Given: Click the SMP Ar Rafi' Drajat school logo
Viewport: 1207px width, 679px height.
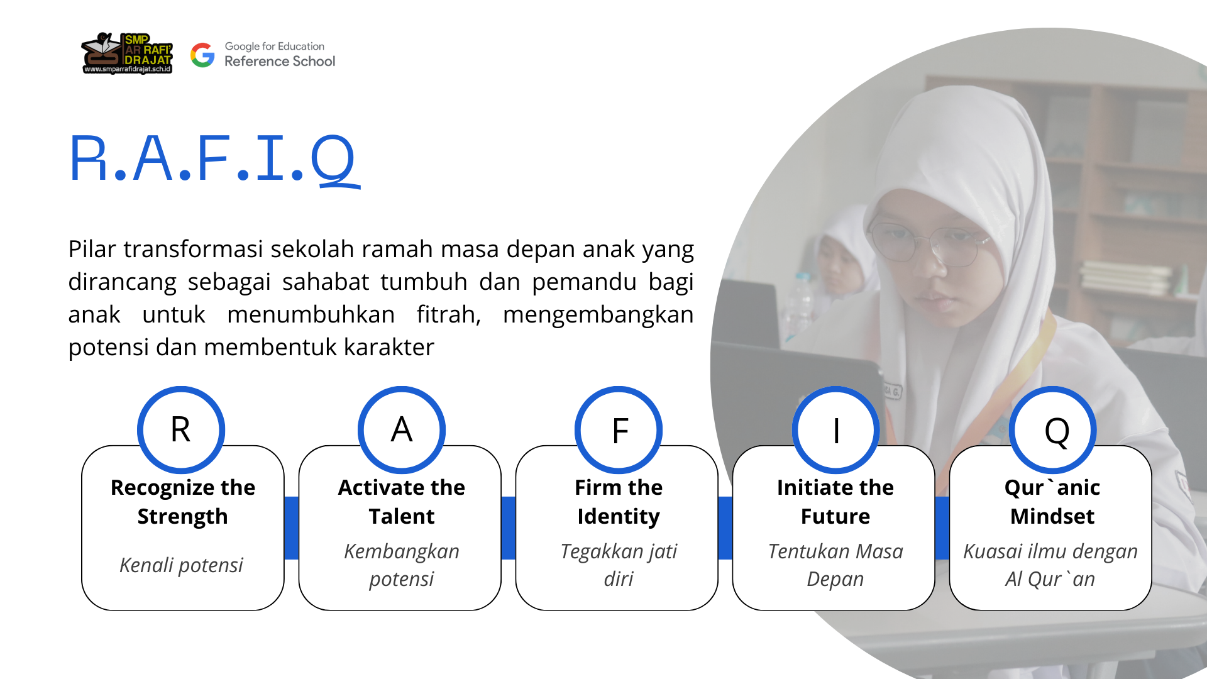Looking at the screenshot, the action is tap(127, 53).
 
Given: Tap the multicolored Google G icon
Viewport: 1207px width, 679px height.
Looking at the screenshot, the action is tap(202, 55).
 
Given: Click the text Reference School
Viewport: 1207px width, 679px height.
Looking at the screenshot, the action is tap(280, 62).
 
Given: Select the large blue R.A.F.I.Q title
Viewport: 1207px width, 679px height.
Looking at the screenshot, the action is tap(214, 160).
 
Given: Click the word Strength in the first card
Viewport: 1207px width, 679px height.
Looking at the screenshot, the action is tap(182, 517).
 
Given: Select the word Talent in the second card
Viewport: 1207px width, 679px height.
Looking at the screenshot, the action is tap(402, 516).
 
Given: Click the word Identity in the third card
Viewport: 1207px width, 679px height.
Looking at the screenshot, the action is tap(619, 517).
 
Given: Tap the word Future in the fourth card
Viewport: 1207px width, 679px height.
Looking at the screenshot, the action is tap(835, 516).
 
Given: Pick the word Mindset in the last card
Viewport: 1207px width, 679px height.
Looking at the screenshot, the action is tap(1052, 516).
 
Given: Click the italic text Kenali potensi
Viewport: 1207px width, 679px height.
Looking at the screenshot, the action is tap(181, 565).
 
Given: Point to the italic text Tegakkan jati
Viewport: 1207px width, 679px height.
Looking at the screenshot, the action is tap(619, 551).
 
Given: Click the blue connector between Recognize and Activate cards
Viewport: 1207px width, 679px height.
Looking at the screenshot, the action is tap(291, 528).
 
